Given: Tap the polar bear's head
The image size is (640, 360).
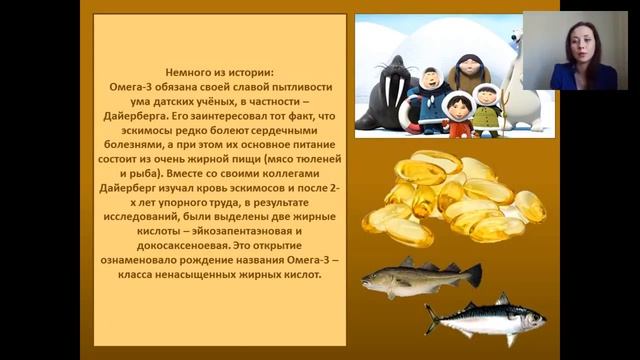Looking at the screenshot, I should point(516,46).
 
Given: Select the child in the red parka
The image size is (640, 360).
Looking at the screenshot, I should point(458,113).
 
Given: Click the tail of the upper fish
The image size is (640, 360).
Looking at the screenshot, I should point(473,273).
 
